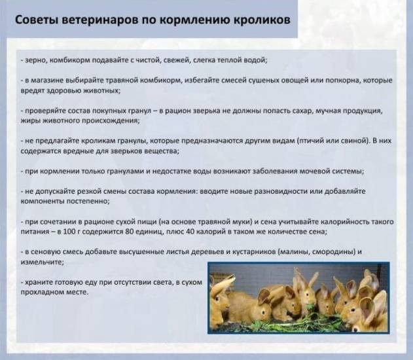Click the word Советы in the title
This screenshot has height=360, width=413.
pyautogui.click(x=38, y=20)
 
